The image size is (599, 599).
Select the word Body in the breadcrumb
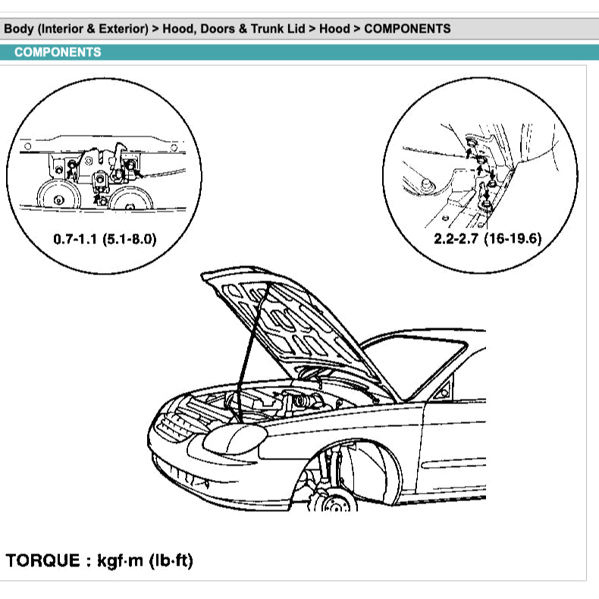(19, 29)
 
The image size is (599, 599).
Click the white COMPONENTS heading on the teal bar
(58, 52)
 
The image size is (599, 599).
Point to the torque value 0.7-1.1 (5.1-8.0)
(105, 239)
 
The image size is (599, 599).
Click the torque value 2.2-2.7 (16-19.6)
(488, 239)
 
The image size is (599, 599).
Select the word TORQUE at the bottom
(42, 560)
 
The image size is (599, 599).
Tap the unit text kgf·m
(120, 561)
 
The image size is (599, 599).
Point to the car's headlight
(234, 439)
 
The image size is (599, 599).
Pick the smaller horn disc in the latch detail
(130, 199)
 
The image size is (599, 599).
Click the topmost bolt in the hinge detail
(471, 143)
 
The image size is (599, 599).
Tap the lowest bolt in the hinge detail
(486, 205)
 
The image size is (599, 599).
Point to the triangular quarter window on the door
(442, 389)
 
